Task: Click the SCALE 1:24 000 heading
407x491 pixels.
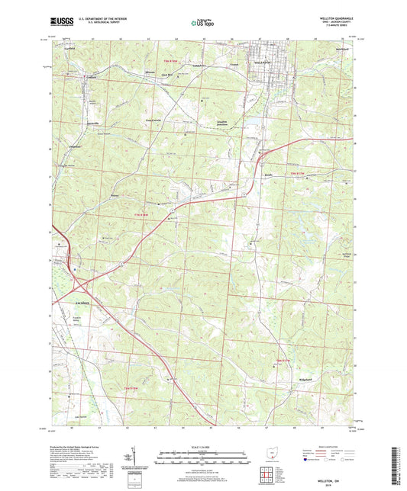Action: (203, 446)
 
